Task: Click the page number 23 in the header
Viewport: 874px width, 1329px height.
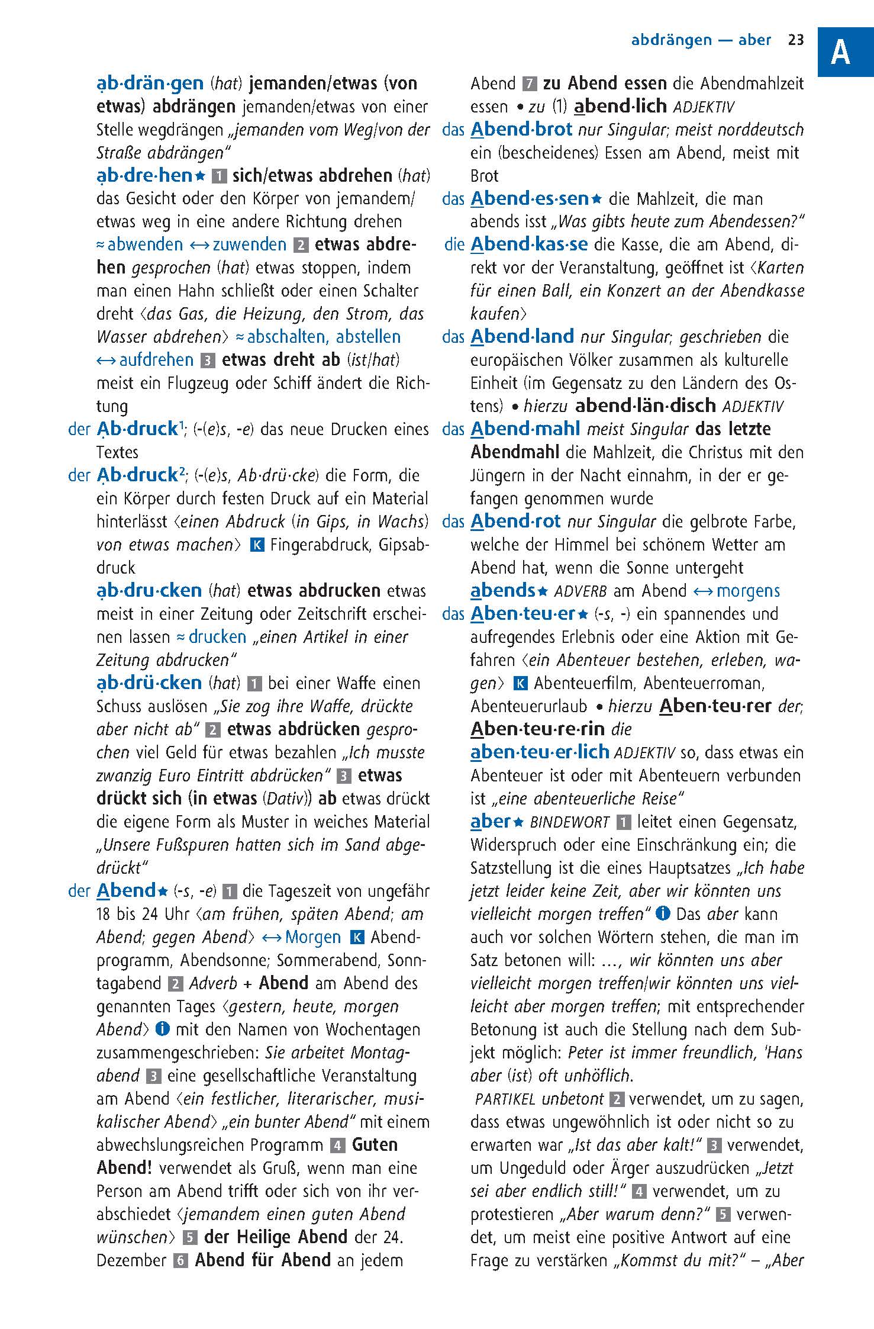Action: (x=796, y=40)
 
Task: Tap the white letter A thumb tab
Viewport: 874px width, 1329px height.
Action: (x=840, y=52)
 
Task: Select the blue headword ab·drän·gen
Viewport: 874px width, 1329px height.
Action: (x=150, y=83)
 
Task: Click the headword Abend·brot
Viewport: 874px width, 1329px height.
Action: (x=521, y=130)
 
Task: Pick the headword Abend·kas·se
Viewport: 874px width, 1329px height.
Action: (x=528, y=244)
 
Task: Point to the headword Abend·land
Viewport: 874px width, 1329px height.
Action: (x=521, y=336)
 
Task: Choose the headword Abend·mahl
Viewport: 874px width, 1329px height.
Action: (x=524, y=429)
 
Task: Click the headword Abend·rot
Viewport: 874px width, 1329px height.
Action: (x=515, y=521)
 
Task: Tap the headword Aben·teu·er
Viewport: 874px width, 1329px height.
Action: (x=523, y=613)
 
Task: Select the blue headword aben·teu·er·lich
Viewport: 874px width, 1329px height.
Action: (x=539, y=752)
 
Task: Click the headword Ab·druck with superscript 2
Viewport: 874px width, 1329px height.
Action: (x=137, y=475)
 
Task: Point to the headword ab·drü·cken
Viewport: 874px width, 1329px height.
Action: (x=149, y=683)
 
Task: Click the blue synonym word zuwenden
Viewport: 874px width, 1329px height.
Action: (x=249, y=244)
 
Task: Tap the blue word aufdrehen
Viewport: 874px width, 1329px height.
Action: (x=156, y=360)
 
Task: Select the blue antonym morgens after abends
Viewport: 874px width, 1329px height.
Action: (x=748, y=591)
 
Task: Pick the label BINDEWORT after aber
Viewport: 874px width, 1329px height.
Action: (x=569, y=822)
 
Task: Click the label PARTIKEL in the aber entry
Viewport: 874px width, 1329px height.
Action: (x=505, y=1099)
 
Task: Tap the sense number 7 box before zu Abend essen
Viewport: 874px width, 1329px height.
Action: (x=530, y=83)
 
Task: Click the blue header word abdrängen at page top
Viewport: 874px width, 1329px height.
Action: (x=671, y=40)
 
